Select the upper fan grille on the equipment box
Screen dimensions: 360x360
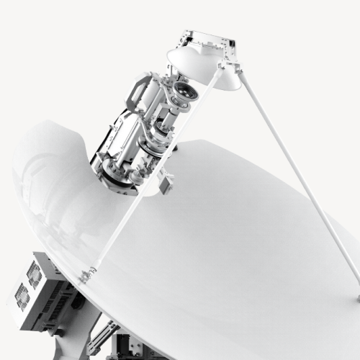click(x=34, y=273)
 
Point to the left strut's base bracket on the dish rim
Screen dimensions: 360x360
click(x=88, y=274)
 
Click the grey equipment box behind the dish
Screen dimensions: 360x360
click(x=40, y=284)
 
